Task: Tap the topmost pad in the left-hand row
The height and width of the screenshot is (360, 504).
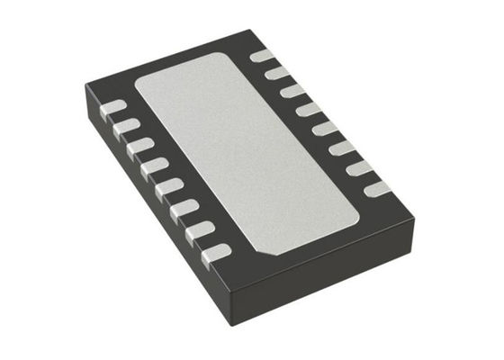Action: [112, 107]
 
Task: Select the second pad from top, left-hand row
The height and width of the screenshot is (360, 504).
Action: [126, 126]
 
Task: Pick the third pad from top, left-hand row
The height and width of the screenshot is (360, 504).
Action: [139, 146]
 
